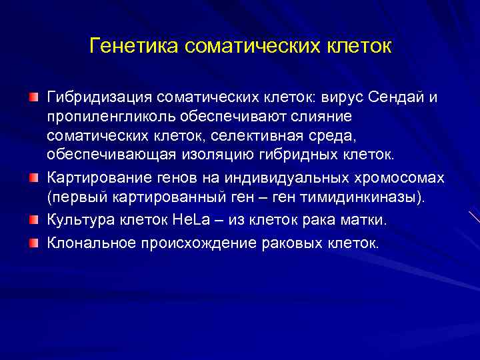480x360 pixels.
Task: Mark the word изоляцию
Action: tap(222, 155)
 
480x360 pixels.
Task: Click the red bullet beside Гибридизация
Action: tap(33, 99)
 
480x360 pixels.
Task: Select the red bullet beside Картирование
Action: tap(33, 179)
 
